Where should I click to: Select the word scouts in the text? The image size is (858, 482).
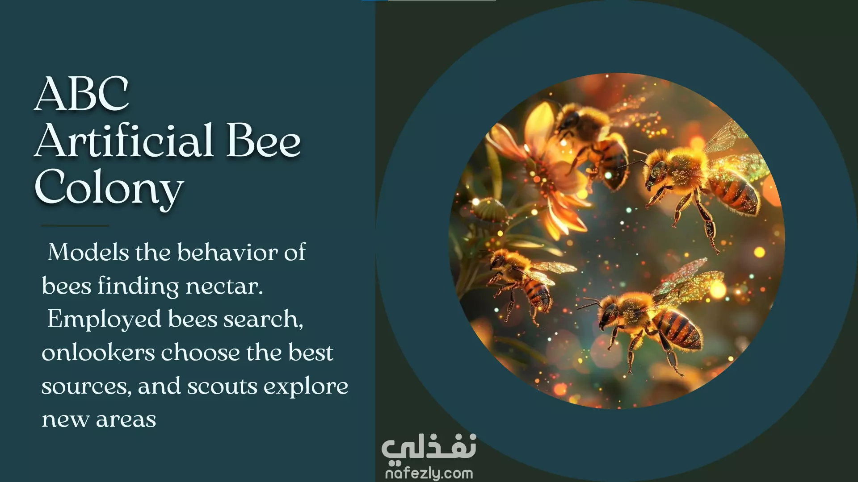click(x=222, y=386)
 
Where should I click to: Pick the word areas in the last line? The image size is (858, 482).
click(x=126, y=420)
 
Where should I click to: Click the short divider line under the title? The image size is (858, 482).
click(x=75, y=226)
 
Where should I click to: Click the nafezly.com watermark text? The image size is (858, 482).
click(x=429, y=473)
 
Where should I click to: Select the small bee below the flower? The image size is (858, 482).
click(x=523, y=281)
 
